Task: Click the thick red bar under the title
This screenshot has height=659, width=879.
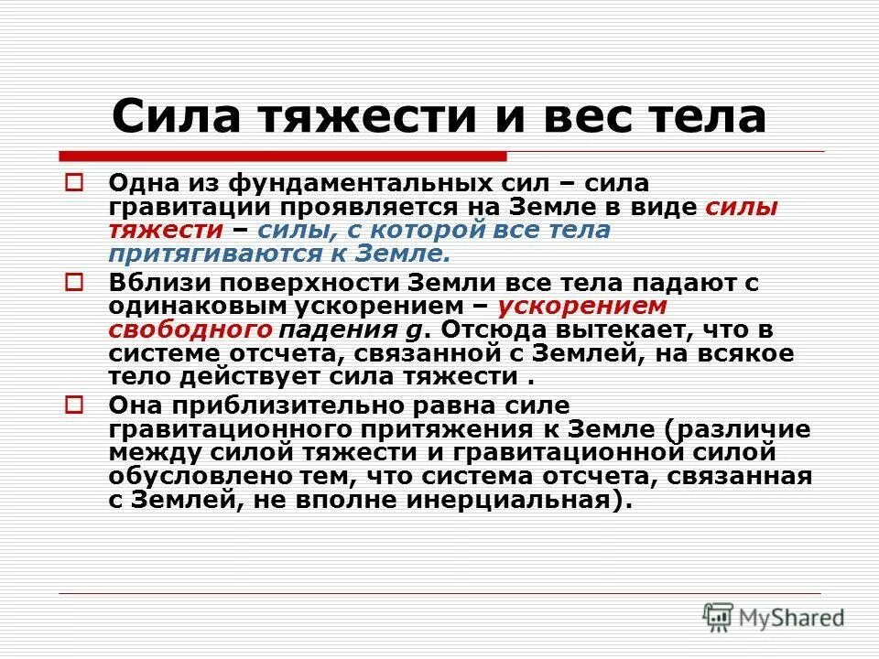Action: tap(282, 156)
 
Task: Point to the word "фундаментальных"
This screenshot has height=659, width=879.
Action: tap(333, 185)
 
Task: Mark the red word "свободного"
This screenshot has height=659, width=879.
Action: tap(190, 330)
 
